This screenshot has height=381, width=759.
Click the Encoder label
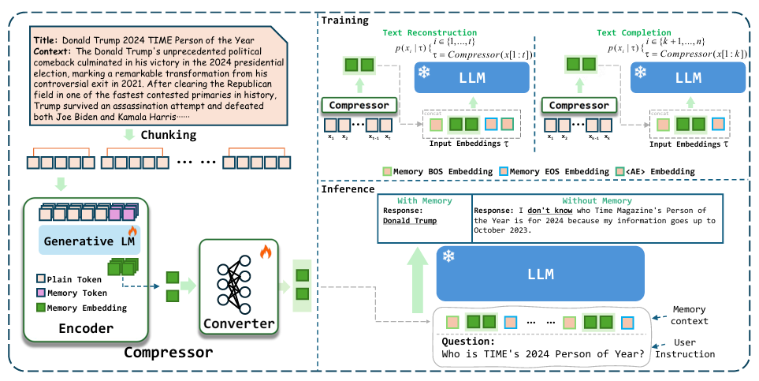(x=86, y=329)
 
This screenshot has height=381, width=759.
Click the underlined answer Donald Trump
(x=409, y=222)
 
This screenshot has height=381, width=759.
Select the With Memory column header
(x=424, y=201)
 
